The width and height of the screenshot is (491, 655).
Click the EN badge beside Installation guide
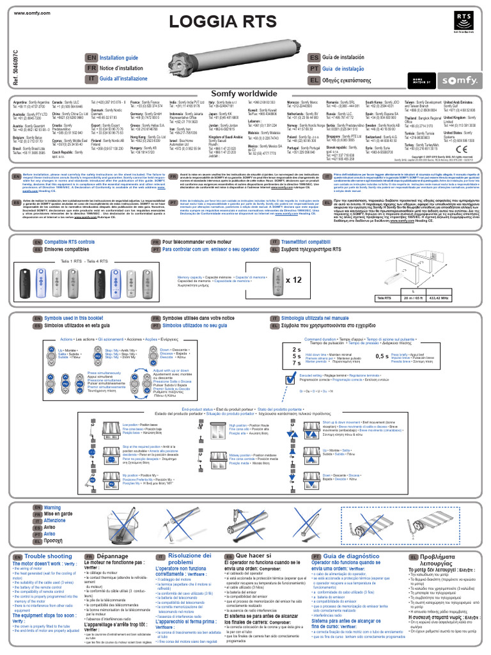91,58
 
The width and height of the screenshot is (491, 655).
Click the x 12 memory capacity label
293,280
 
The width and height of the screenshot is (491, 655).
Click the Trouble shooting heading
48,557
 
